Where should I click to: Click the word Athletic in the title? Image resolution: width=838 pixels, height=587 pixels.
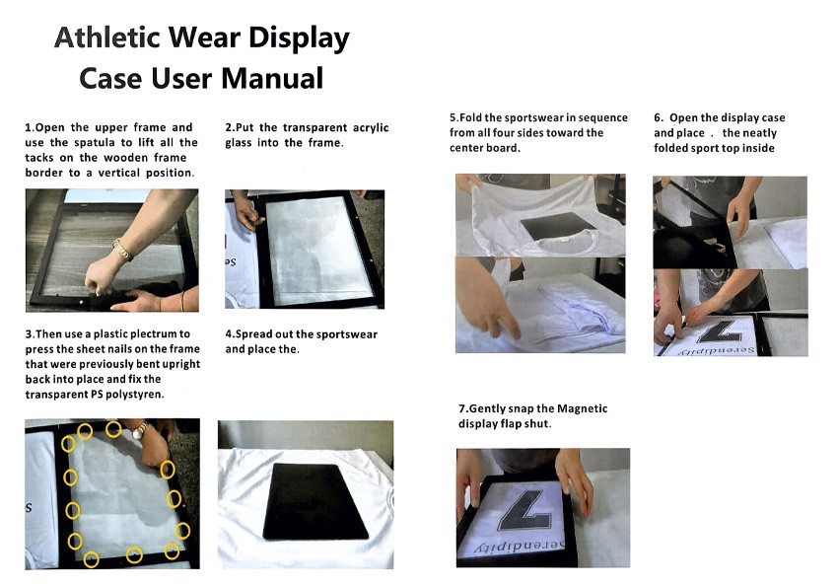(107, 37)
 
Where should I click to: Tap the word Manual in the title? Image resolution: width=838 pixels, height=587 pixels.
(272, 79)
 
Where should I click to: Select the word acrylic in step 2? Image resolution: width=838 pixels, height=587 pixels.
(371, 128)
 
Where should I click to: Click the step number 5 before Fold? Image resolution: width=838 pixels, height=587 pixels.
(454, 117)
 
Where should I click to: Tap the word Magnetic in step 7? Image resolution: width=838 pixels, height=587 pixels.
(582, 409)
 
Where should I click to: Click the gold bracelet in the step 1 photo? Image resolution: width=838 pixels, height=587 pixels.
(123, 250)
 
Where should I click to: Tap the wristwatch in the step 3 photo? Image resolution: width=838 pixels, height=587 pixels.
(140, 430)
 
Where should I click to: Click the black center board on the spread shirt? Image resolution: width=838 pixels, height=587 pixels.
(315, 501)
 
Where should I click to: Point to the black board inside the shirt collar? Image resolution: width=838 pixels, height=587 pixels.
(558, 226)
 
